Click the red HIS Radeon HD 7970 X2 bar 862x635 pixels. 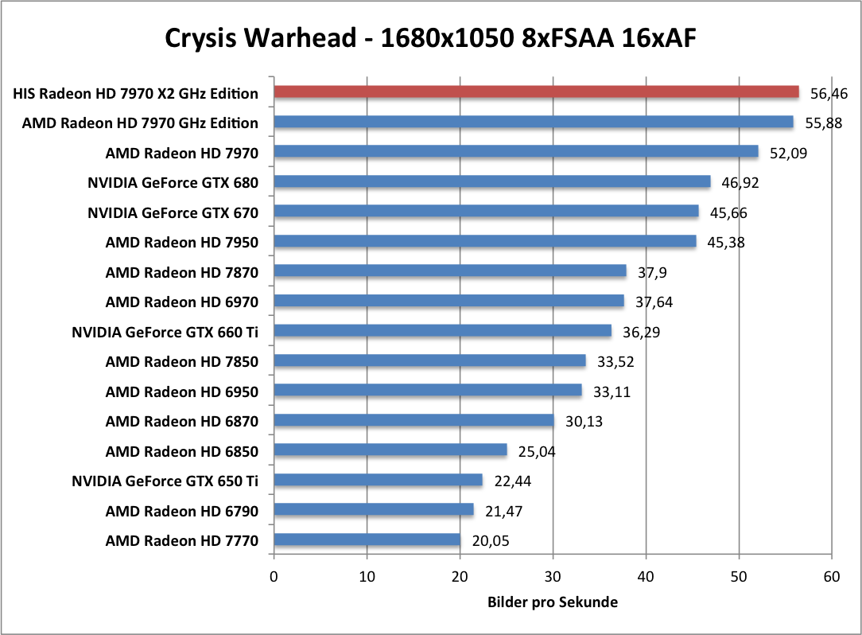pyautogui.click(x=536, y=92)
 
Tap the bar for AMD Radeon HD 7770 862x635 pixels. pyautogui.click(x=367, y=541)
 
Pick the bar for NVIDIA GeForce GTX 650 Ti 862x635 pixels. pyautogui.click(x=378, y=481)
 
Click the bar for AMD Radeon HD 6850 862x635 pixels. pyautogui.click(x=390, y=450)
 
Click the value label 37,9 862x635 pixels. pyautogui.click(x=651, y=272)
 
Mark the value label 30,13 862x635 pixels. pyautogui.click(x=583, y=421)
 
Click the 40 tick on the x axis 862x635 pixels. pyautogui.click(x=646, y=576)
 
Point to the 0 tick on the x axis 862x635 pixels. pyautogui.click(x=274, y=576)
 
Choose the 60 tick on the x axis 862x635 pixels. pyautogui.click(x=832, y=576)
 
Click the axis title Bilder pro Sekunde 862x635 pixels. pyautogui.click(x=553, y=602)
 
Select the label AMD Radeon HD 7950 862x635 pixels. pyautogui.click(x=181, y=242)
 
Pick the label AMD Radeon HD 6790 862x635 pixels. pyautogui.click(x=181, y=511)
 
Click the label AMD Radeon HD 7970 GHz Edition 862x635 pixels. pyautogui.click(x=140, y=123)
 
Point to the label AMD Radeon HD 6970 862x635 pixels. pyautogui.click(x=181, y=302)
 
